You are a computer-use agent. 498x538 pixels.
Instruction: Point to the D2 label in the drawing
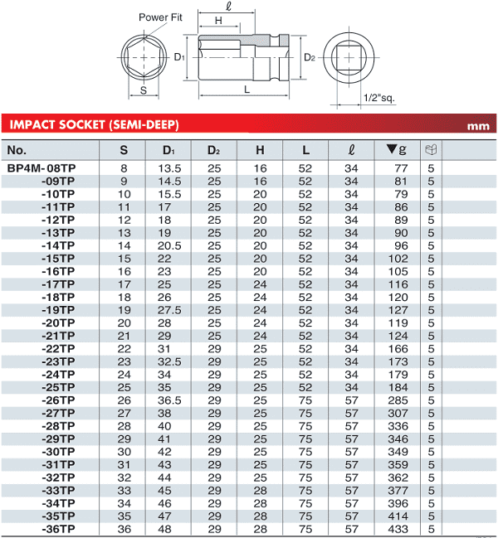(x=309, y=58)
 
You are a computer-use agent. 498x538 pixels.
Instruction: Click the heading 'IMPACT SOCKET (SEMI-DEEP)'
(x=93, y=125)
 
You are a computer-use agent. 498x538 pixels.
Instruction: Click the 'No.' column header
(x=17, y=150)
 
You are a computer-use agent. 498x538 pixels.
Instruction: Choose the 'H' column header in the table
(x=260, y=150)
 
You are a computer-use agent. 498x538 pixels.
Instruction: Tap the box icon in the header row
(x=430, y=150)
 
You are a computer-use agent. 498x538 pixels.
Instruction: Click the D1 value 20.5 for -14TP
(x=168, y=245)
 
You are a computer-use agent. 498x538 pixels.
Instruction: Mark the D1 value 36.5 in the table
(x=168, y=399)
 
